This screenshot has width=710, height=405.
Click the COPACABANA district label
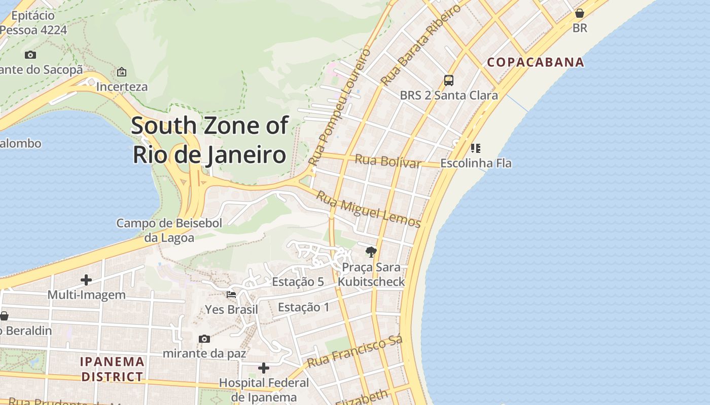pyautogui.click(x=536, y=62)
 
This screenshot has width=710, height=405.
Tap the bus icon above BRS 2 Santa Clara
pyautogui.click(x=449, y=80)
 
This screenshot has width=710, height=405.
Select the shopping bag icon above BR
pyautogui.click(x=580, y=13)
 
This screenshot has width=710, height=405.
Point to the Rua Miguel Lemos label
pyautogui.click(x=369, y=209)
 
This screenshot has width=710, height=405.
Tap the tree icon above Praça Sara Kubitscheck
pyautogui.click(x=371, y=252)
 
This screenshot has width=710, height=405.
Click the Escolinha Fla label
pyautogui.click(x=476, y=164)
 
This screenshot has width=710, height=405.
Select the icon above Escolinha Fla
pyautogui.click(x=476, y=148)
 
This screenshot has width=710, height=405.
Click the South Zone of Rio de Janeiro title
pyautogui.click(x=210, y=140)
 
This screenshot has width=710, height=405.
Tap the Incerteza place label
pyautogui.click(x=122, y=87)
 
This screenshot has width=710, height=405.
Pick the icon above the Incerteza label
pyautogui.click(x=122, y=72)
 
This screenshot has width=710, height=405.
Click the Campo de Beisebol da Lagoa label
pyautogui.click(x=169, y=230)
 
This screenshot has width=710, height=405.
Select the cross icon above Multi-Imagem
pyautogui.click(x=86, y=279)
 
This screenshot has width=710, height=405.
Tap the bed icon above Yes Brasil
pyautogui.click(x=231, y=294)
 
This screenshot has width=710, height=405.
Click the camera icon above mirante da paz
pyautogui.click(x=204, y=339)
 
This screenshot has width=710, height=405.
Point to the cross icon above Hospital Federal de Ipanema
pyautogui.click(x=264, y=368)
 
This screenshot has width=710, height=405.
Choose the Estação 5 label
pyautogui.click(x=298, y=282)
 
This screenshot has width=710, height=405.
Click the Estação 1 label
pyautogui.click(x=304, y=307)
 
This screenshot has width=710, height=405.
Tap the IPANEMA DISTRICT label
pyautogui.click(x=113, y=369)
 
